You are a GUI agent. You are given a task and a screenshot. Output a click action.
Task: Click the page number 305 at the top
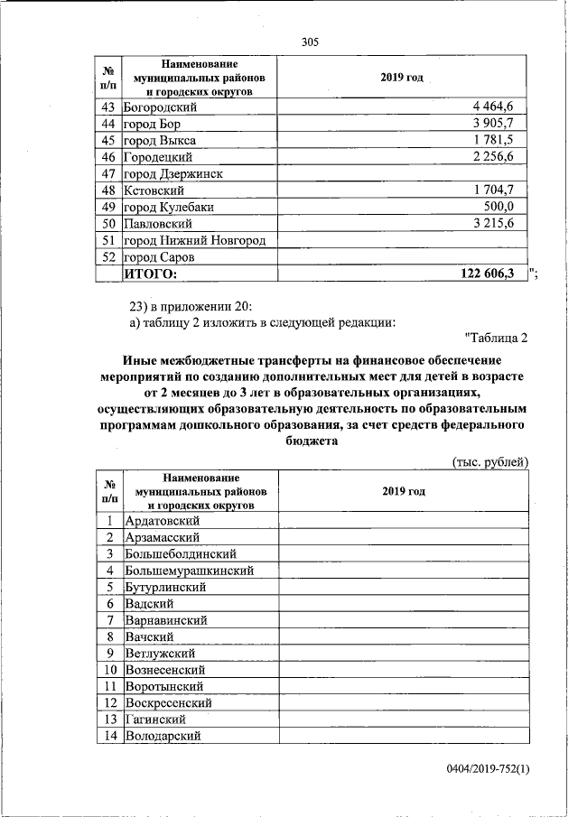[311, 42]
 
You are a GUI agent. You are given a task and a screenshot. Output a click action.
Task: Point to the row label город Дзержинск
[173, 173]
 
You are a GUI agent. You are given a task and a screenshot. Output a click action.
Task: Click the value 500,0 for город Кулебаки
[496, 207]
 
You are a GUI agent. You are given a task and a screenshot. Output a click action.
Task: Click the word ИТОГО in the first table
[151, 274]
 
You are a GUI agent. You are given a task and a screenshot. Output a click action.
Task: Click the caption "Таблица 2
[495, 339]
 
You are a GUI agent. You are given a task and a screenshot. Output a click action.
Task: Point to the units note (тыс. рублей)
[489, 462]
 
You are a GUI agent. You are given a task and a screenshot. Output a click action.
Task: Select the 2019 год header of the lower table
[403, 491]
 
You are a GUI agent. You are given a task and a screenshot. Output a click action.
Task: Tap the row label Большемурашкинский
[189, 571]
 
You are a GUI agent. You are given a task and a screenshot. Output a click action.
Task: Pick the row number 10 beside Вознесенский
[108, 670]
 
